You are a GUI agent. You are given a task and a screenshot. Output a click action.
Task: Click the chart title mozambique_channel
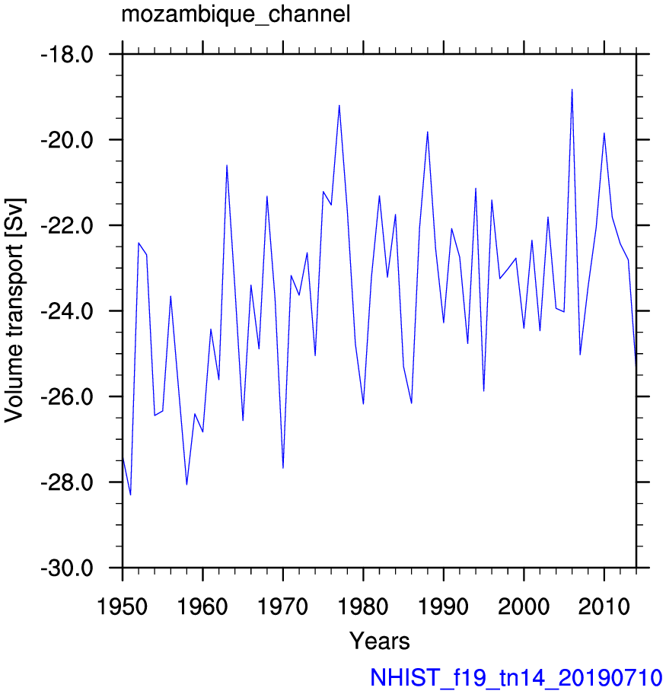tap(236, 14)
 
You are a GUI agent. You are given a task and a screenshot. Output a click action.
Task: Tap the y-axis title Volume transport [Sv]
tap(14, 310)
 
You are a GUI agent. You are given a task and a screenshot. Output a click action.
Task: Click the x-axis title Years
tap(380, 641)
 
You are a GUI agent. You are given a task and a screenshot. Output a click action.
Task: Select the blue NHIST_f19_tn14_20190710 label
tap(516, 677)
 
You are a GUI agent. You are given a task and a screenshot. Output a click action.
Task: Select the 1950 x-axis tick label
tap(122, 606)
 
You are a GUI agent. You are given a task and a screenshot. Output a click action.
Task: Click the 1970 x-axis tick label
tap(282, 606)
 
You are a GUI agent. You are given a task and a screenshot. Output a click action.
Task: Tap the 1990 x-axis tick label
tap(443, 606)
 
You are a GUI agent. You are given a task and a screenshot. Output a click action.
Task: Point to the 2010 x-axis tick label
tap(604, 606)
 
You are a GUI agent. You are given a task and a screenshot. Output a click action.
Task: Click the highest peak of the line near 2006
tap(572, 89)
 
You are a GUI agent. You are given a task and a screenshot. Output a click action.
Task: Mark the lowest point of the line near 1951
tap(131, 495)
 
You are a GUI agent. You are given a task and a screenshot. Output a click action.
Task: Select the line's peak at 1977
tap(339, 105)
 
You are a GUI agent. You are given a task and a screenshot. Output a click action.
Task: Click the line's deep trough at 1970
tap(283, 468)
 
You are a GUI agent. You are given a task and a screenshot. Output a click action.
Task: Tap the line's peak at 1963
tap(227, 165)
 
